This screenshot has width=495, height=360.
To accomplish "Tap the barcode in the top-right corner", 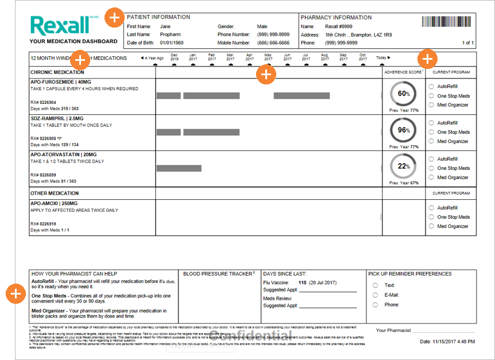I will (448, 22).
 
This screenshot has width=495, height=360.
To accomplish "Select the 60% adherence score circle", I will (404, 94).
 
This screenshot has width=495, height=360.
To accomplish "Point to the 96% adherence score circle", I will (404, 130).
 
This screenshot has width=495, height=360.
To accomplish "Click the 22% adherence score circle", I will (404, 167).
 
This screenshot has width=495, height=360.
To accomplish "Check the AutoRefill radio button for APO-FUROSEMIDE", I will (431, 87).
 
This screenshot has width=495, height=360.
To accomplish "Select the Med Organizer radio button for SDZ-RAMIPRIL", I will (431, 141).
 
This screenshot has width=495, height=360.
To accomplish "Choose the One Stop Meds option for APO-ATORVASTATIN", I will (431, 168).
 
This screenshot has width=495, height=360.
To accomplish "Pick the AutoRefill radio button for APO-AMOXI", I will (431, 208).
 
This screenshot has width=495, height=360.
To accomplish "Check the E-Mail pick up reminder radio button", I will (376, 295).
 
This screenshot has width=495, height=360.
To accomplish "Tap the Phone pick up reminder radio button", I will (376, 305).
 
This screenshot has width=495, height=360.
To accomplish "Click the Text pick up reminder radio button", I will (376, 285).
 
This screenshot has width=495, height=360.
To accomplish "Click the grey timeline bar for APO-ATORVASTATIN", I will (179, 168).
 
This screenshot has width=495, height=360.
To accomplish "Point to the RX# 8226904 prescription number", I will (44, 102).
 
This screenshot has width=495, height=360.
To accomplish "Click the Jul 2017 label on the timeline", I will (305, 57).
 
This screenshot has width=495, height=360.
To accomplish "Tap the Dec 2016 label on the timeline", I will (175, 57).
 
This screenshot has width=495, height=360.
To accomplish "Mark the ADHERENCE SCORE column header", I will (403, 72).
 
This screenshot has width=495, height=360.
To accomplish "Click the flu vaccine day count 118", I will (302, 282).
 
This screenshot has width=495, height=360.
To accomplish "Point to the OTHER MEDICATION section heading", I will (55, 193).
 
